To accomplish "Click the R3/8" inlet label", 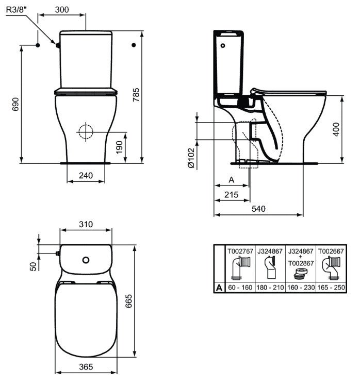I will tap(19, 9).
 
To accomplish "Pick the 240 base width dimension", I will tap(86, 176).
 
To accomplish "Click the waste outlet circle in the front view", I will tap(86, 131).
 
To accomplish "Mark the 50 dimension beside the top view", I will tap(32, 266).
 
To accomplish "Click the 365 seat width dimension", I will tap(86, 366).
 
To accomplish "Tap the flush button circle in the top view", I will tap(86, 259).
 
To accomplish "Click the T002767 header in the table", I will tap(240, 251).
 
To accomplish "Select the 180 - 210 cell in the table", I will tap(270, 287).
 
